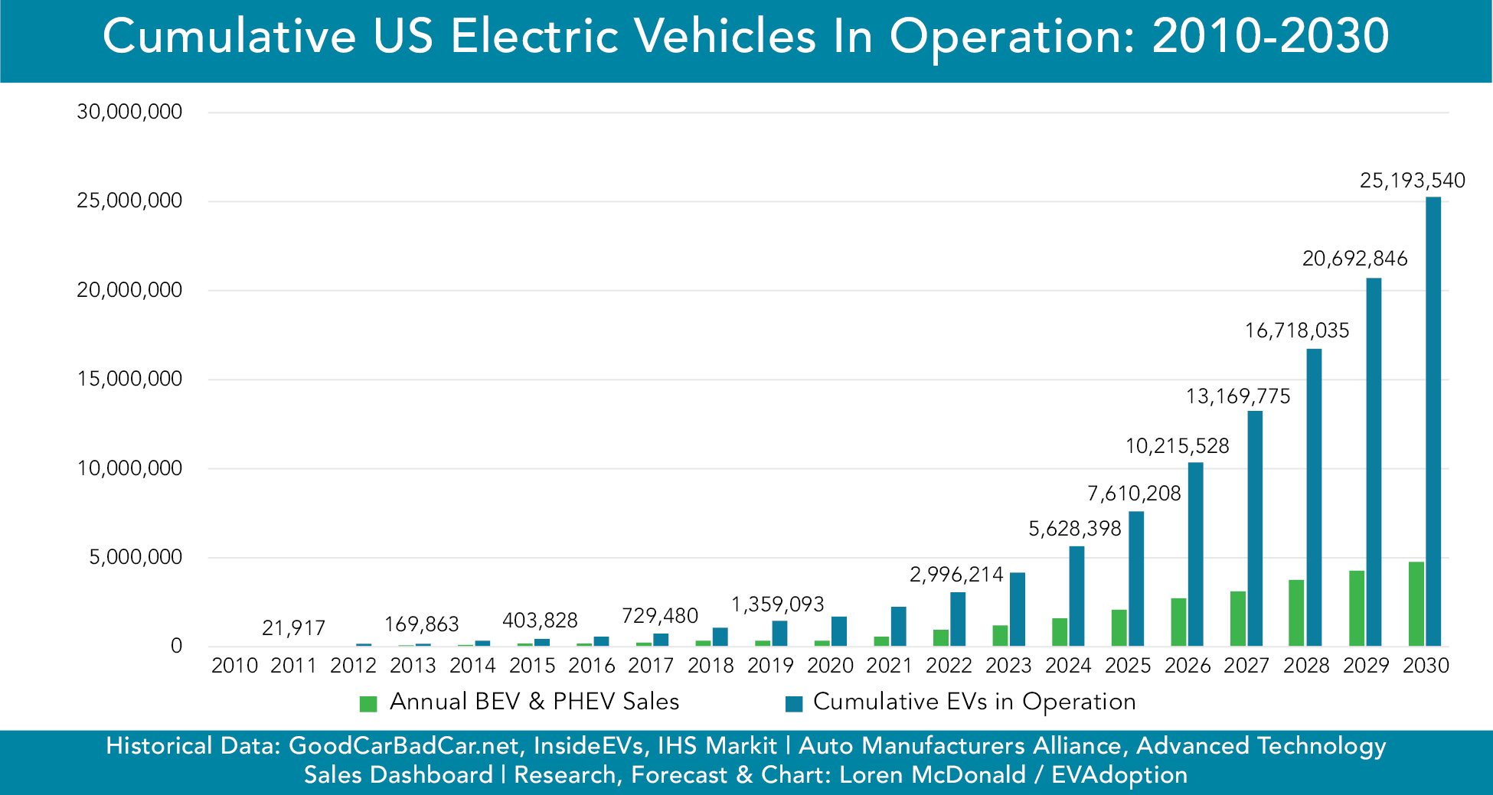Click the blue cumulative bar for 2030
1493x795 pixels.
pyautogui.click(x=1433, y=421)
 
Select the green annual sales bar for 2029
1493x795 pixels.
pyautogui.click(x=1356, y=608)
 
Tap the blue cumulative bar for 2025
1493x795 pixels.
pyautogui.click(x=1136, y=578)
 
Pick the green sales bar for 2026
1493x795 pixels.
pyautogui.click(x=1178, y=622)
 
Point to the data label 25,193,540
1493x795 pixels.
pyautogui.click(x=1412, y=181)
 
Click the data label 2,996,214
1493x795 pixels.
pyautogui.click(x=956, y=575)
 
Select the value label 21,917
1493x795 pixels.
pyautogui.click(x=293, y=628)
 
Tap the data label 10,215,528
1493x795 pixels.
pyautogui.click(x=1177, y=446)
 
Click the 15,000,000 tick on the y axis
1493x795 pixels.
pyautogui.click(x=129, y=379)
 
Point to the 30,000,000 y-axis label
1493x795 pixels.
pyautogui.click(x=129, y=112)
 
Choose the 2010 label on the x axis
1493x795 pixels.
pyautogui.click(x=234, y=666)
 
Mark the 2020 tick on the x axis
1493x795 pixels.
pyautogui.click(x=830, y=666)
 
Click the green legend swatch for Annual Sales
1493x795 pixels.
pyautogui.click(x=368, y=703)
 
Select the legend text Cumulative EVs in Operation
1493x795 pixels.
pyautogui.click(x=974, y=702)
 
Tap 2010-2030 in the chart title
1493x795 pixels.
pyautogui.click(x=1270, y=37)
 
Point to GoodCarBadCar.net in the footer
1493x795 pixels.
pyautogui.click(x=406, y=746)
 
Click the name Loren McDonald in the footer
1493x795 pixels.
pyautogui.click(x=932, y=775)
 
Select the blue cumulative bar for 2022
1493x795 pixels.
pyautogui.click(x=958, y=619)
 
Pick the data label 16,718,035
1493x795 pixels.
pyautogui.click(x=1297, y=331)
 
